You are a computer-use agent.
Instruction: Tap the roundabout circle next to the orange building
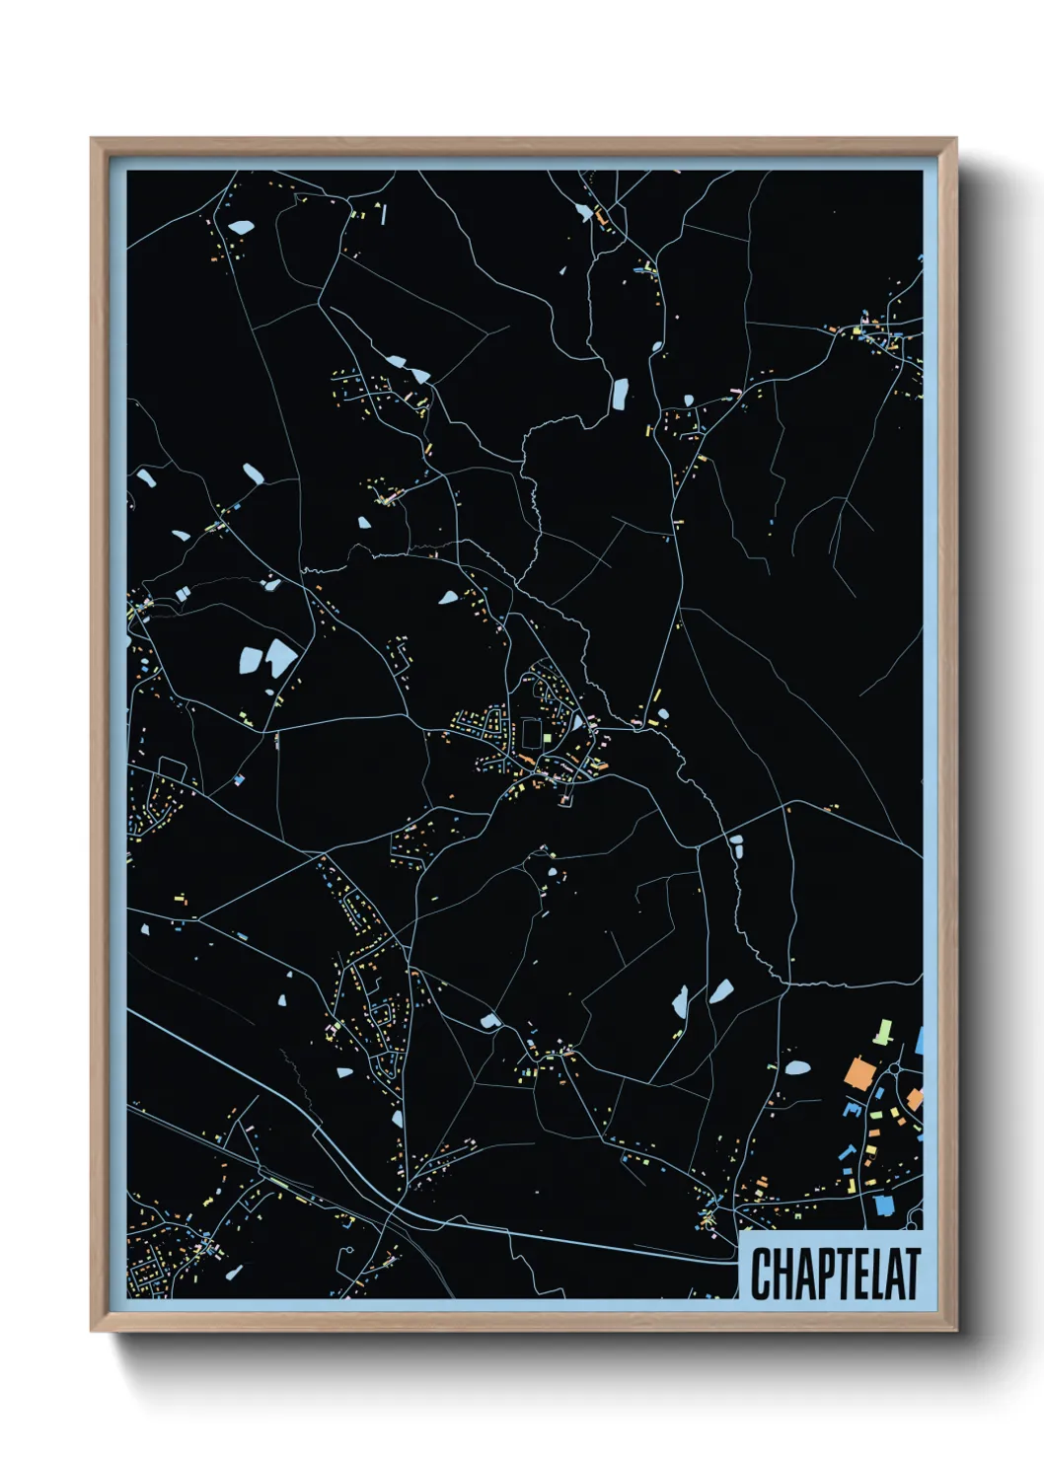[895, 1067]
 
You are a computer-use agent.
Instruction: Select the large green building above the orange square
[882, 1032]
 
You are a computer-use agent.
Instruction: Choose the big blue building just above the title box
[882, 1204]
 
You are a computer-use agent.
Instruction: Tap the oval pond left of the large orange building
[797, 1066]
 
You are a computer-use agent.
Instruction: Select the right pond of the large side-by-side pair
[280, 655]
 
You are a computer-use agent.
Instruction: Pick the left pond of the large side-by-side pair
[248, 659]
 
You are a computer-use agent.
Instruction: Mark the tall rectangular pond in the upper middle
[620, 394]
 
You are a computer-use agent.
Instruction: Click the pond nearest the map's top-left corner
[240, 227]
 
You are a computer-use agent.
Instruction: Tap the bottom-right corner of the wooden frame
[955, 1330]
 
